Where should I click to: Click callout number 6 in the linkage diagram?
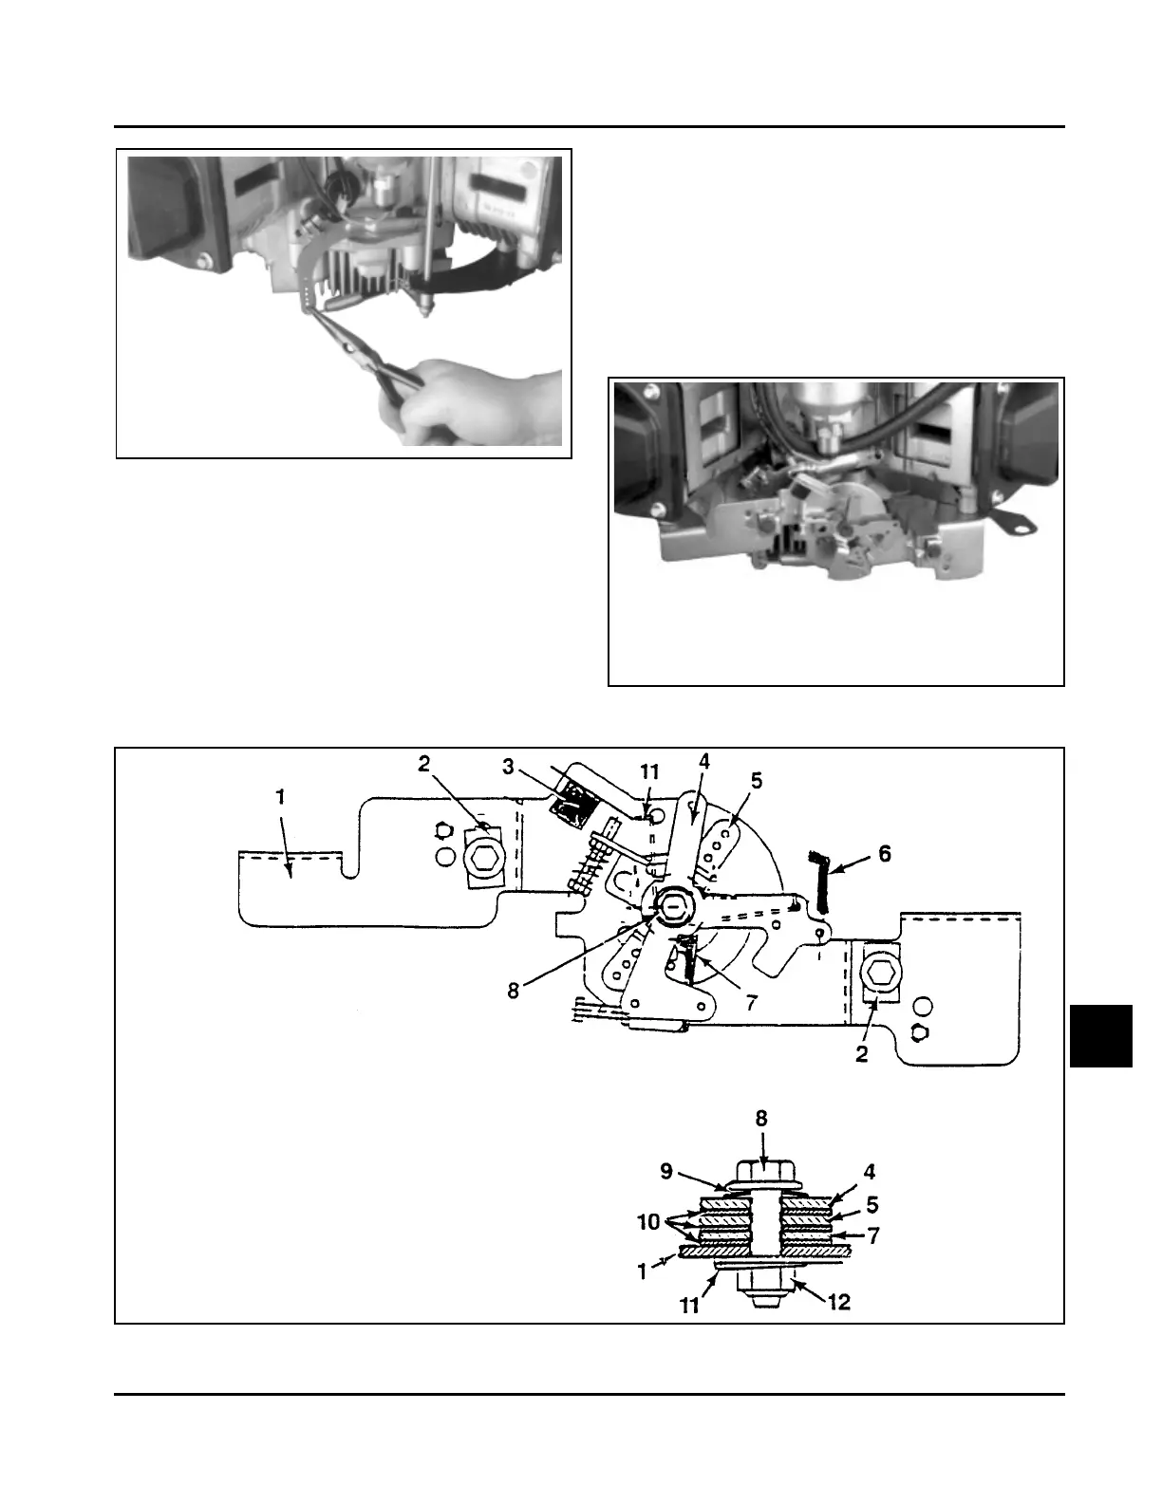[x=884, y=854]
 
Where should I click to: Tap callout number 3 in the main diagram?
[x=509, y=767]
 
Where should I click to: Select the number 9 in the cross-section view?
[x=666, y=1172]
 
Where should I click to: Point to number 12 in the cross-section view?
[x=839, y=1302]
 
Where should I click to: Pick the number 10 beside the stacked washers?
[x=648, y=1222]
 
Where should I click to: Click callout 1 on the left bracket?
[x=280, y=798]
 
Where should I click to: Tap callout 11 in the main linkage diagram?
[x=649, y=773]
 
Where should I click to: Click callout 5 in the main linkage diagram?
[x=756, y=781]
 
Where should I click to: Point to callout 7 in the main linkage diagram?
[x=751, y=1002]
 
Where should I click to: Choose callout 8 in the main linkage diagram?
[x=514, y=992]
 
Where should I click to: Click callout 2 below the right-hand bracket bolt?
[x=862, y=1053]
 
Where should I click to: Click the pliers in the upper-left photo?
[x=370, y=356]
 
